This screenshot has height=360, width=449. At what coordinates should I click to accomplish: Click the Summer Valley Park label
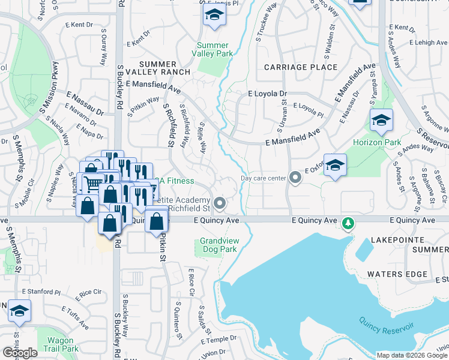pos(212,49)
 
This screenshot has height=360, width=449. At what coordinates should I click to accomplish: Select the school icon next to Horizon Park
pos(381,122)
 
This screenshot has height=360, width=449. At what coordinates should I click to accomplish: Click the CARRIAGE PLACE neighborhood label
pos(300,67)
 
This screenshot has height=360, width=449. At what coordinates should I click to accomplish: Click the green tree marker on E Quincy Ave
pos(348,224)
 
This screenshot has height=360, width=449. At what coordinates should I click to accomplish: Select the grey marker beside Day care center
pos(295,178)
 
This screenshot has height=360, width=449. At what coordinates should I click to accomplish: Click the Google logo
pos(20,353)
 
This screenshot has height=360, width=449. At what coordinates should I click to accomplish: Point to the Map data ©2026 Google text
pos(411,355)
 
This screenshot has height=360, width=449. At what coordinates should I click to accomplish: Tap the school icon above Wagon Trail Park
pos(19,312)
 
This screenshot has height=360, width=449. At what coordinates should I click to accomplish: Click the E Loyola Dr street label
pos(268,94)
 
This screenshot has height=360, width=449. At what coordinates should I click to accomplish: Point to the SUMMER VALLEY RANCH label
pos(158,68)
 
